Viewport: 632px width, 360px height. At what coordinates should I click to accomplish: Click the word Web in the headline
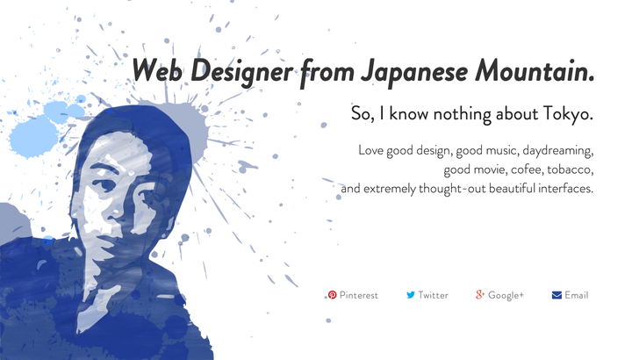[157, 69]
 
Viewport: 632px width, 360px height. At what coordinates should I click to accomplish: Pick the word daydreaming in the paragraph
[558, 151]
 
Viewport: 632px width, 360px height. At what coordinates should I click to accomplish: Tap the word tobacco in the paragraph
[570, 169]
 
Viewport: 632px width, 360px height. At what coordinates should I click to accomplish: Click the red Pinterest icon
[332, 295]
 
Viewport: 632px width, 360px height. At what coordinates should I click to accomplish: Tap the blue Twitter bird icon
[411, 295]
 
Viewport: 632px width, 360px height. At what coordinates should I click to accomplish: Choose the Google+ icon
[479, 294]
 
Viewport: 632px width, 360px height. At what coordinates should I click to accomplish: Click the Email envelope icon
[557, 295]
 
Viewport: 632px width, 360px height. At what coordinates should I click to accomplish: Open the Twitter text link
[434, 295]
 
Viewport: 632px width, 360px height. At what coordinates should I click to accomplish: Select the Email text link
[577, 295]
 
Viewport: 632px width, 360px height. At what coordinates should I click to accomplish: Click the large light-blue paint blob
[33, 136]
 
